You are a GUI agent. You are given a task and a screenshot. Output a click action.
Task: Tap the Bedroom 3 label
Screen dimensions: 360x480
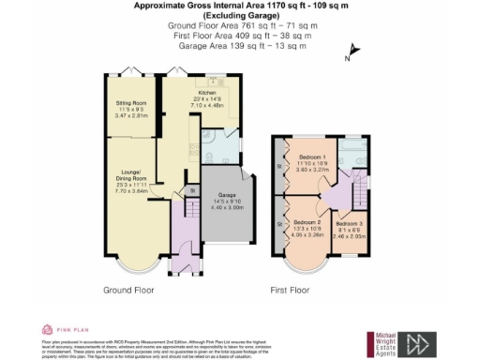[x=349, y=224]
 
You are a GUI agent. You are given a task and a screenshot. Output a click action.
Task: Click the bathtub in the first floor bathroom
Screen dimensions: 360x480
[x=355, y=153]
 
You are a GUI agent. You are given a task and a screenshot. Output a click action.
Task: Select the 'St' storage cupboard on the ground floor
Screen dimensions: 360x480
[x=194, y=191]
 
